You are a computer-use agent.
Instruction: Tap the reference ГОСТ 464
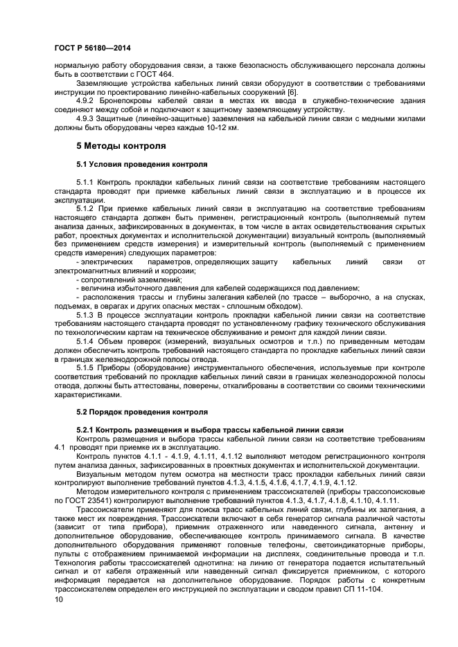(157, 75)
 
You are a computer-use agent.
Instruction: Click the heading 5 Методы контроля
(121, 147)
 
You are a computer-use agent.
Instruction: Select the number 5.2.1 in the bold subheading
(85, 430)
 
